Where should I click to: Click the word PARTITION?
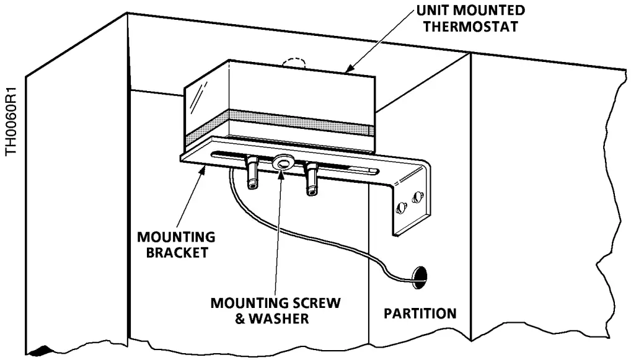[x=420, y=313]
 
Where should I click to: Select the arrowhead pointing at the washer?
[x=281, y=172]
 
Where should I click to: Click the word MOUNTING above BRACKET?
[x=176, y=237]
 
